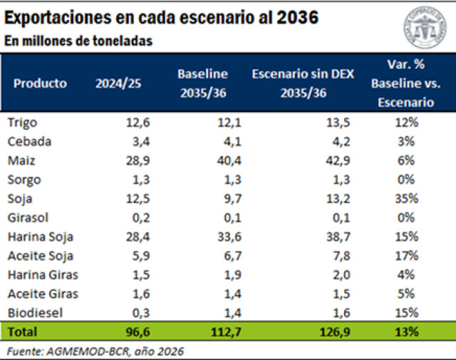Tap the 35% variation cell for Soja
408,198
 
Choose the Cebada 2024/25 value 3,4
140,141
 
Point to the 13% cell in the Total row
408,331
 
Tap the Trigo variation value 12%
408,122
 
